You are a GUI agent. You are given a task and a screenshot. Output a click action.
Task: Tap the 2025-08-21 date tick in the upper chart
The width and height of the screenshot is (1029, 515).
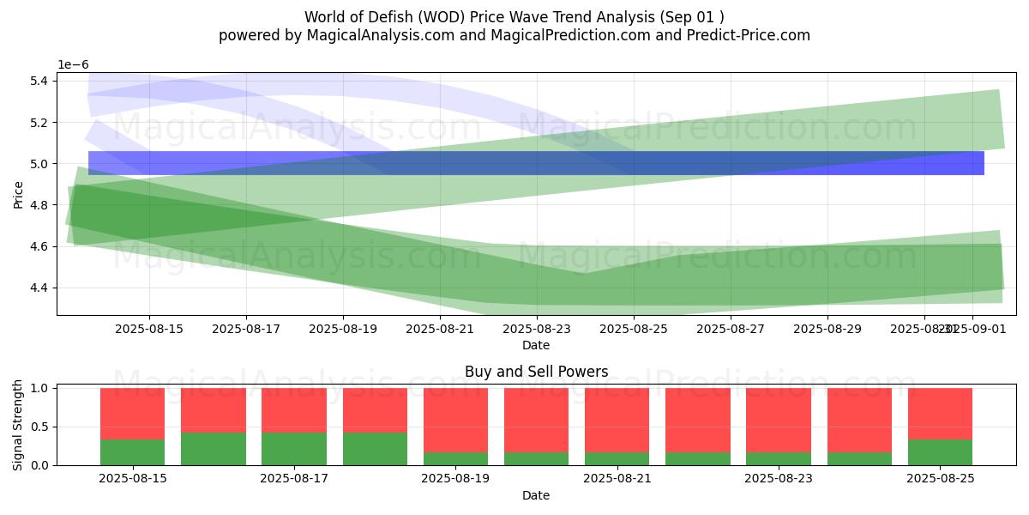tap(440, 328)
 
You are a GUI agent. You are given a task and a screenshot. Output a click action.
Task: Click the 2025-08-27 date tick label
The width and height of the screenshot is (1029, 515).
tap(731, 328)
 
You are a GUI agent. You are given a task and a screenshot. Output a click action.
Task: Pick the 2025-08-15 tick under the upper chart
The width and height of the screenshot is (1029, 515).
tap(149, 328)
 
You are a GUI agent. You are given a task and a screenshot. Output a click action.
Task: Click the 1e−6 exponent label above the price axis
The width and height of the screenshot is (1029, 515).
tap(73, 65)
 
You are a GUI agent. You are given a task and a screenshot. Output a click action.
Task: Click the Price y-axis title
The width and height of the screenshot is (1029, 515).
tap(18, 194)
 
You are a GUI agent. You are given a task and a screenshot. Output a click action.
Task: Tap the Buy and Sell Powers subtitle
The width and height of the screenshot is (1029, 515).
tap(536, 372)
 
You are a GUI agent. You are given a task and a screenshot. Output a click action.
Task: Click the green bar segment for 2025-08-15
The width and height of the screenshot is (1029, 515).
tap(132, 452)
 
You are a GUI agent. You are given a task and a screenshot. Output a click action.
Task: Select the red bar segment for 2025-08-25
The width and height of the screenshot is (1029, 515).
tap(940, 414)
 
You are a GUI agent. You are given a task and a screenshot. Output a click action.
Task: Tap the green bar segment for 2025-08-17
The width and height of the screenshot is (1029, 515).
tap(294, 449)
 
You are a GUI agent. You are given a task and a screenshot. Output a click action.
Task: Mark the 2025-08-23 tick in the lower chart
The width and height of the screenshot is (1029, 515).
tap(779, 477)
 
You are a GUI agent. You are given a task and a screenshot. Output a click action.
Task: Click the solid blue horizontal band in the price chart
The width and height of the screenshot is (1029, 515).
tap(536, 163)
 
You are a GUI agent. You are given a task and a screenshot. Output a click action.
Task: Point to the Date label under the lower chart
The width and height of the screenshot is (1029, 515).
tap(536, 495)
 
